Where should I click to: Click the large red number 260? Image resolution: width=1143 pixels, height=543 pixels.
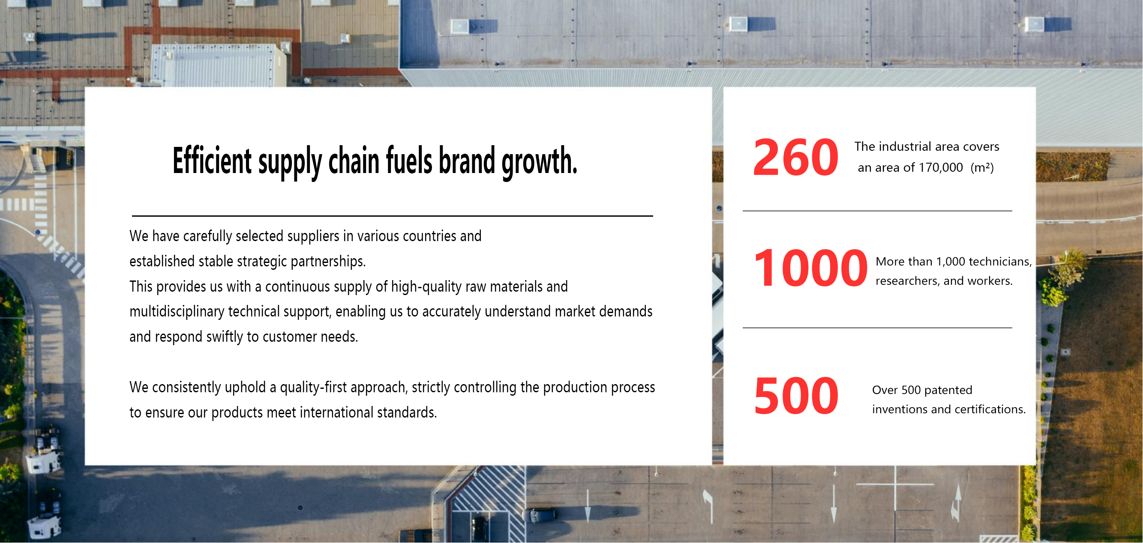(795, 157)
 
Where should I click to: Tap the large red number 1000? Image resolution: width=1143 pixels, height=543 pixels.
(810, 268)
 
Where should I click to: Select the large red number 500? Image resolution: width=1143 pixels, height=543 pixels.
(796, 396)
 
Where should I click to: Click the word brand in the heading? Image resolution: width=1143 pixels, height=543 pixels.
(466, 161)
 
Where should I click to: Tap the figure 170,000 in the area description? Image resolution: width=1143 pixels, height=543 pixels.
(941, 167)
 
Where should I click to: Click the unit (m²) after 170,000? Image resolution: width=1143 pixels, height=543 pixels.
(982, 167)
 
